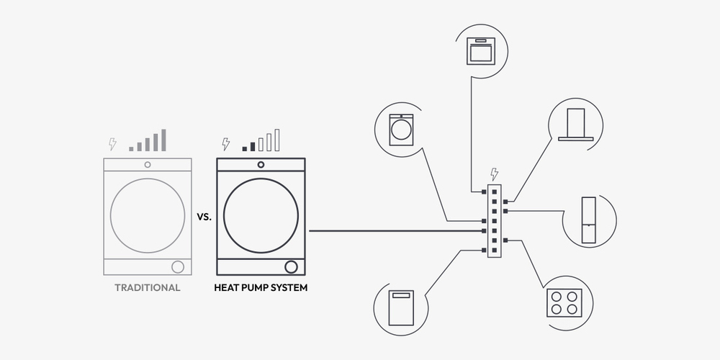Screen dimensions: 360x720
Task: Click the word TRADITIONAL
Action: [x=147, y=288]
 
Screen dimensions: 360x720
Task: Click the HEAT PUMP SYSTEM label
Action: [x=261, y=288]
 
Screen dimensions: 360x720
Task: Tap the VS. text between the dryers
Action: [x=204, y=215]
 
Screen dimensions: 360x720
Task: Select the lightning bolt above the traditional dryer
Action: [x=112, y=144]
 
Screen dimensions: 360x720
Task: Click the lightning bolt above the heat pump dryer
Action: [x=226, y=144]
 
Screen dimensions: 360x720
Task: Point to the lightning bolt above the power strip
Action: [x=494, y=174]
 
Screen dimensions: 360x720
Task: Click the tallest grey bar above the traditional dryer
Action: [x=163, y=140]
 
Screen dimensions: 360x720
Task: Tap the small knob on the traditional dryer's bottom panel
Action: [x=177, y=266]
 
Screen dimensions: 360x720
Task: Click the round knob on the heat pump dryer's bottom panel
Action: [x=291, y=266]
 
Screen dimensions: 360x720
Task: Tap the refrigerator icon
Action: [x=590, y=219]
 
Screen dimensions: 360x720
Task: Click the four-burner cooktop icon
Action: [x=564, y=302]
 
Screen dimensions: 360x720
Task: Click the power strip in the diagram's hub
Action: [x=494, y=220]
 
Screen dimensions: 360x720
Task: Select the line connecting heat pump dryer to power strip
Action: [x=396, y=230]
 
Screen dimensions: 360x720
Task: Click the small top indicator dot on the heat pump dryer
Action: [x=261, y=165]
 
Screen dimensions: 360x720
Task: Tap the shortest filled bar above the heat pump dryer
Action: [x=245, y=148]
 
